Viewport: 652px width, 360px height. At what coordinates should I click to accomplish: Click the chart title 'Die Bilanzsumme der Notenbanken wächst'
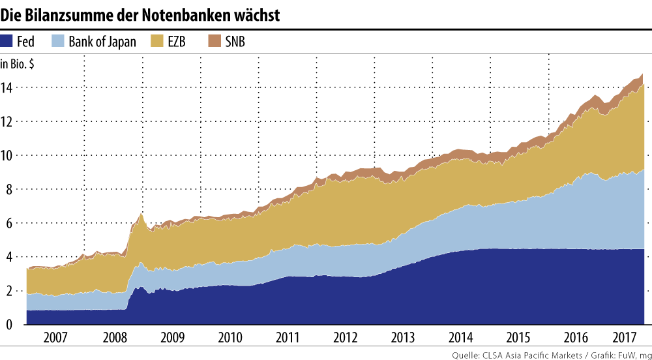point(141,14)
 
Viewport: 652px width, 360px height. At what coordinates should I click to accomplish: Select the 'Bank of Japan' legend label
point(102,42)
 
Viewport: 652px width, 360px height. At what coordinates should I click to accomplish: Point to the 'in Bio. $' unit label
point(18,64)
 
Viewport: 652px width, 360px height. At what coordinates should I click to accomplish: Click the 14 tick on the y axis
point(8,87)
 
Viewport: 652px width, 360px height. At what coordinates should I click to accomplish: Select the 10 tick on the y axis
point(8,155)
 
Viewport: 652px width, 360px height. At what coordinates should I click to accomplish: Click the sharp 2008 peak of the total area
point(141,214)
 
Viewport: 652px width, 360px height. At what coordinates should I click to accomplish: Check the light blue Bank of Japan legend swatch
point(58,42)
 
